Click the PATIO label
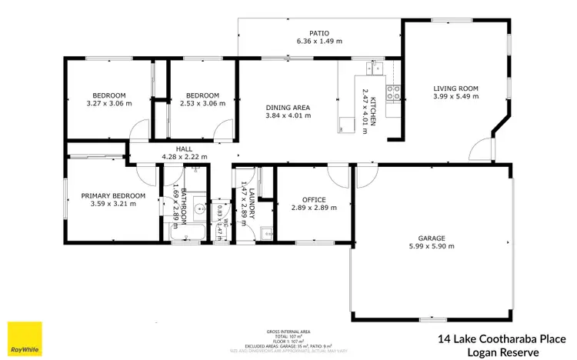[x=319, y=33]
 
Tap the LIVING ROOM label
[x=455, y=88]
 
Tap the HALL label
[x=184, y=148]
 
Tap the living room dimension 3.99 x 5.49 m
[x=455, y=97]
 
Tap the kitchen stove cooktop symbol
[x=393, y=92]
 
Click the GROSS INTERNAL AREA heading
[x=288, y=332]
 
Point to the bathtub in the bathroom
[x=185, y=235]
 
